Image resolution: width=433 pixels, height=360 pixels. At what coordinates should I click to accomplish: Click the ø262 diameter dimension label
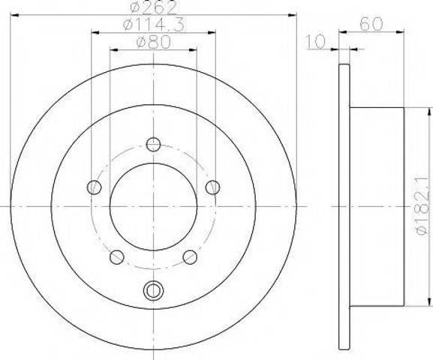coord(153,7)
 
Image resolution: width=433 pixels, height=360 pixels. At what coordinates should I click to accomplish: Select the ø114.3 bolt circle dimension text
coord(154,25)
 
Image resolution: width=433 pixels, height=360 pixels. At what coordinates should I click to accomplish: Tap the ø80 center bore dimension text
coord(154,43)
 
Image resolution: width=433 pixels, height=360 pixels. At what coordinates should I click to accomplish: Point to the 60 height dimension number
coord(371,24)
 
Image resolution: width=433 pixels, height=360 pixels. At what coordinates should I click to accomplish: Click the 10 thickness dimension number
coord(316,42)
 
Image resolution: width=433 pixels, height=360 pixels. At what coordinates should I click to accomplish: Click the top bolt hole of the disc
coord(153,144)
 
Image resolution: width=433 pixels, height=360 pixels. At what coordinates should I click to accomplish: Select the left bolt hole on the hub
coord(94,187)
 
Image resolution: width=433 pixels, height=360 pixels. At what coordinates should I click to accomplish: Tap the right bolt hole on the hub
coord(212,187)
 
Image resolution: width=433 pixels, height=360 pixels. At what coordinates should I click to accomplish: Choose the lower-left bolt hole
coord(117,257)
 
